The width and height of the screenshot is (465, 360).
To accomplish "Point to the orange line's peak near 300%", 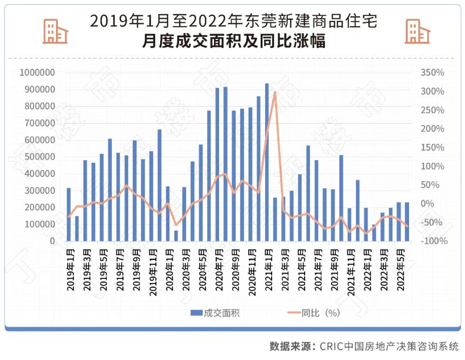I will (275, 92).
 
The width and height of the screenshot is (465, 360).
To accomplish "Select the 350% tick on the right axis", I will (432, 72).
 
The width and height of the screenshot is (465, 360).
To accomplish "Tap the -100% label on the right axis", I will (433, 241).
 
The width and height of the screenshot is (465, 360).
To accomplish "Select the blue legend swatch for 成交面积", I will (196, 313).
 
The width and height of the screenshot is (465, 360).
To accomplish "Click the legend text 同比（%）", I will (321, 313).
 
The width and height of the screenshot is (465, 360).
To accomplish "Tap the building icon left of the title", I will (55, 31).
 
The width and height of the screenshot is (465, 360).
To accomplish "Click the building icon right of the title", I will (417, 31).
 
